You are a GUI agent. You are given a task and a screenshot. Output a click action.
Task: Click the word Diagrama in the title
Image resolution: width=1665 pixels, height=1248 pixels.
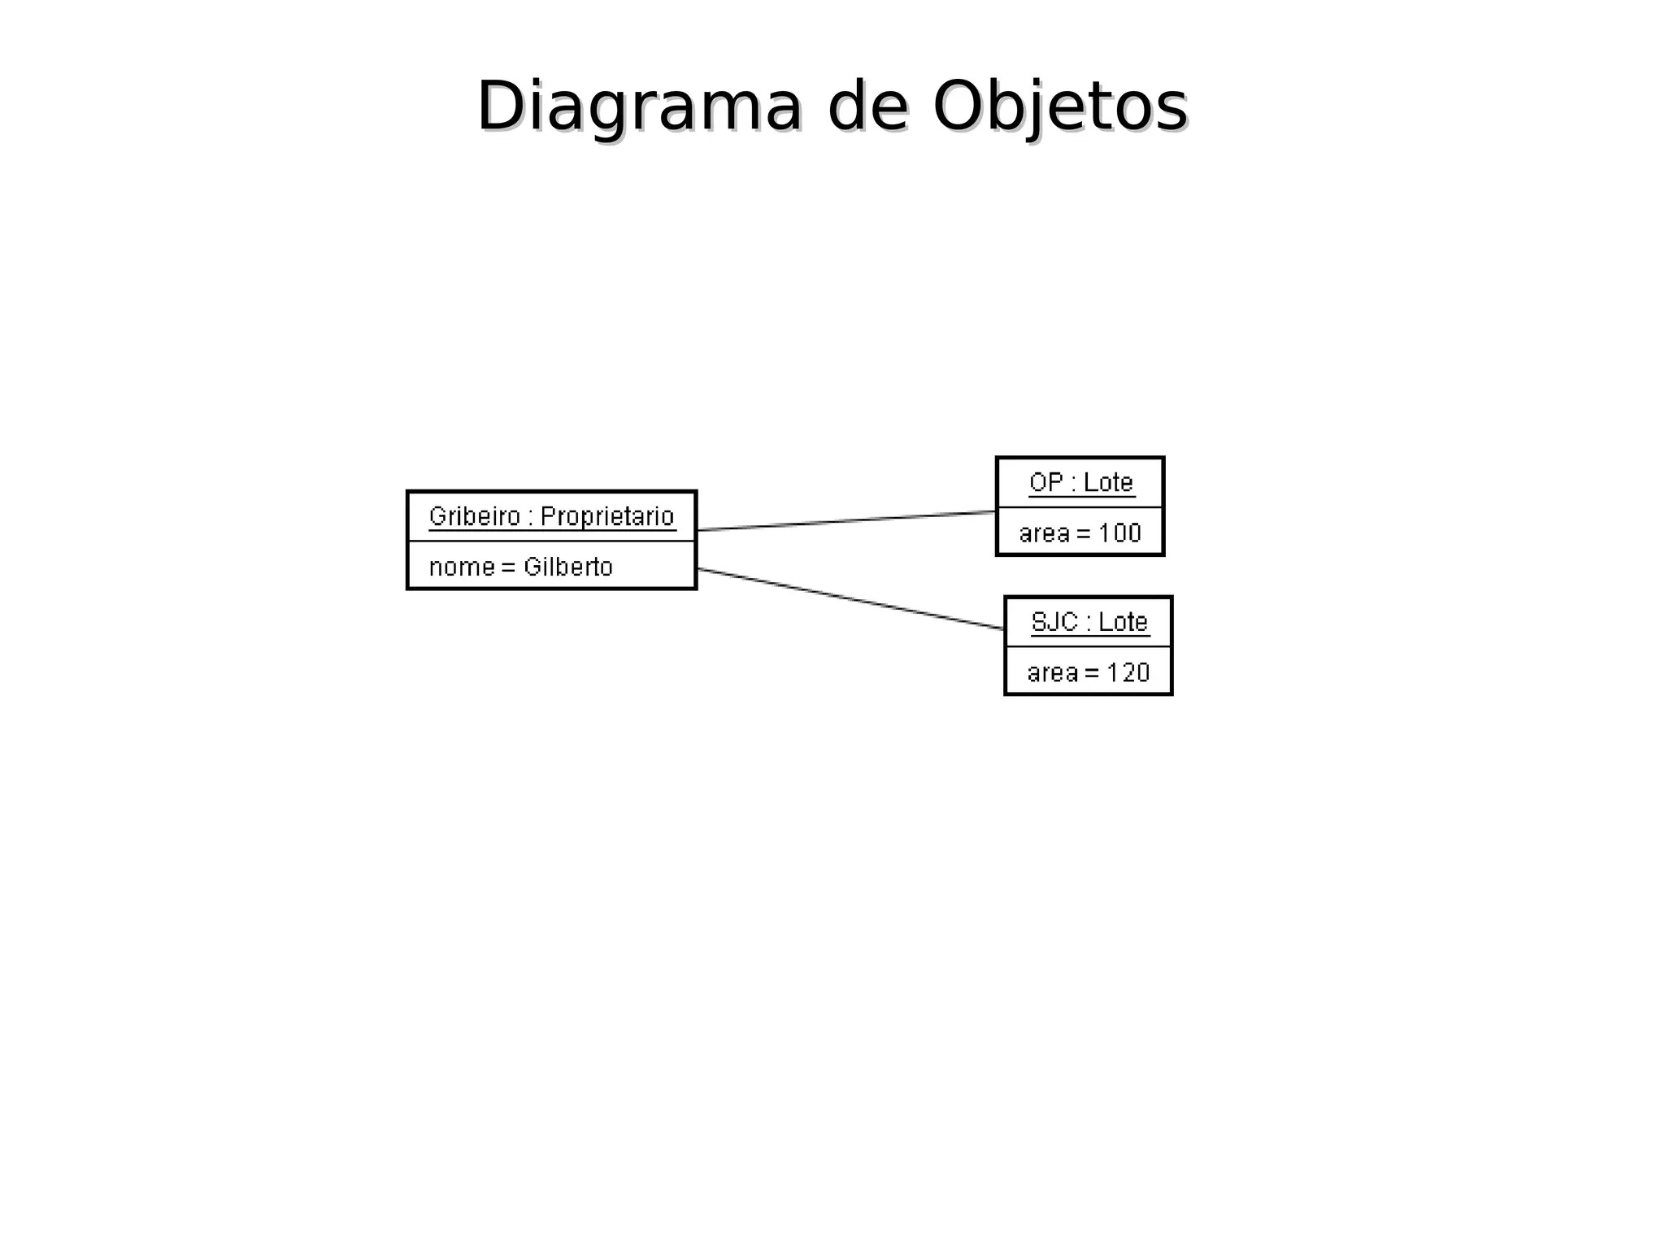[639, 107]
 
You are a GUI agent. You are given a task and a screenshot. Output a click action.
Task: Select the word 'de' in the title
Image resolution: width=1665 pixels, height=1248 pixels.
[867, 107]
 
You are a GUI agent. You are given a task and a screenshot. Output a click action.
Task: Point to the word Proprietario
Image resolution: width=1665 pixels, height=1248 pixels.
[607, 516]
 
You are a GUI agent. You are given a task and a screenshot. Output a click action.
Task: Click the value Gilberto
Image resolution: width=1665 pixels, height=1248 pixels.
[567, 567]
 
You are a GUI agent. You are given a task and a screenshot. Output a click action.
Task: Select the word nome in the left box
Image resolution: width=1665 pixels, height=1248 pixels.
[461, 567]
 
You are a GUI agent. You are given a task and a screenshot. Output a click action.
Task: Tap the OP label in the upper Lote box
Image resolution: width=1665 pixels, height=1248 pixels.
[1046, 482]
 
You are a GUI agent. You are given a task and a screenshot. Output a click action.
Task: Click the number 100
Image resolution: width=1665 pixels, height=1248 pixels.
[1119, 533]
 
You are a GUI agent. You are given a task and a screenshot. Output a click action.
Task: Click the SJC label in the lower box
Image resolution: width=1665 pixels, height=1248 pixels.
[1054, 622]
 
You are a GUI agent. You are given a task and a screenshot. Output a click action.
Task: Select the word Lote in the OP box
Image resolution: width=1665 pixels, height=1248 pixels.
[1108, 482]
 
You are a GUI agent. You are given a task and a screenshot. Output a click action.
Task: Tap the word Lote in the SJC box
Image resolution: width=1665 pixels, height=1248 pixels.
[1123, 622]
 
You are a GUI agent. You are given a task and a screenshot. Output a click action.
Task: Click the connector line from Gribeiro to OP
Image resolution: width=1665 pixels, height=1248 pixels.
[846, 521]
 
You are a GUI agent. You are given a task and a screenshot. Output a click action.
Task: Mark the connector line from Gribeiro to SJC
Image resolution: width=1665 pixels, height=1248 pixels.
[850, 599]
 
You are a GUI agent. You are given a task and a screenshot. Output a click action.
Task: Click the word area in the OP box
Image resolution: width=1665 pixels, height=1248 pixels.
[1044, 533]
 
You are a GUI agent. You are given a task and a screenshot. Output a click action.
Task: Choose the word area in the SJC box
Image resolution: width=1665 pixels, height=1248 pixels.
[1052, 673]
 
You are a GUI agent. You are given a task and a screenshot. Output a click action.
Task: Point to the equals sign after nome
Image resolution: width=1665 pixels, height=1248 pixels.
[509, 567]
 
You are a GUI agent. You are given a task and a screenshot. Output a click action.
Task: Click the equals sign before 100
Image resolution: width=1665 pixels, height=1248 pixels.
[1084, 534]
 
